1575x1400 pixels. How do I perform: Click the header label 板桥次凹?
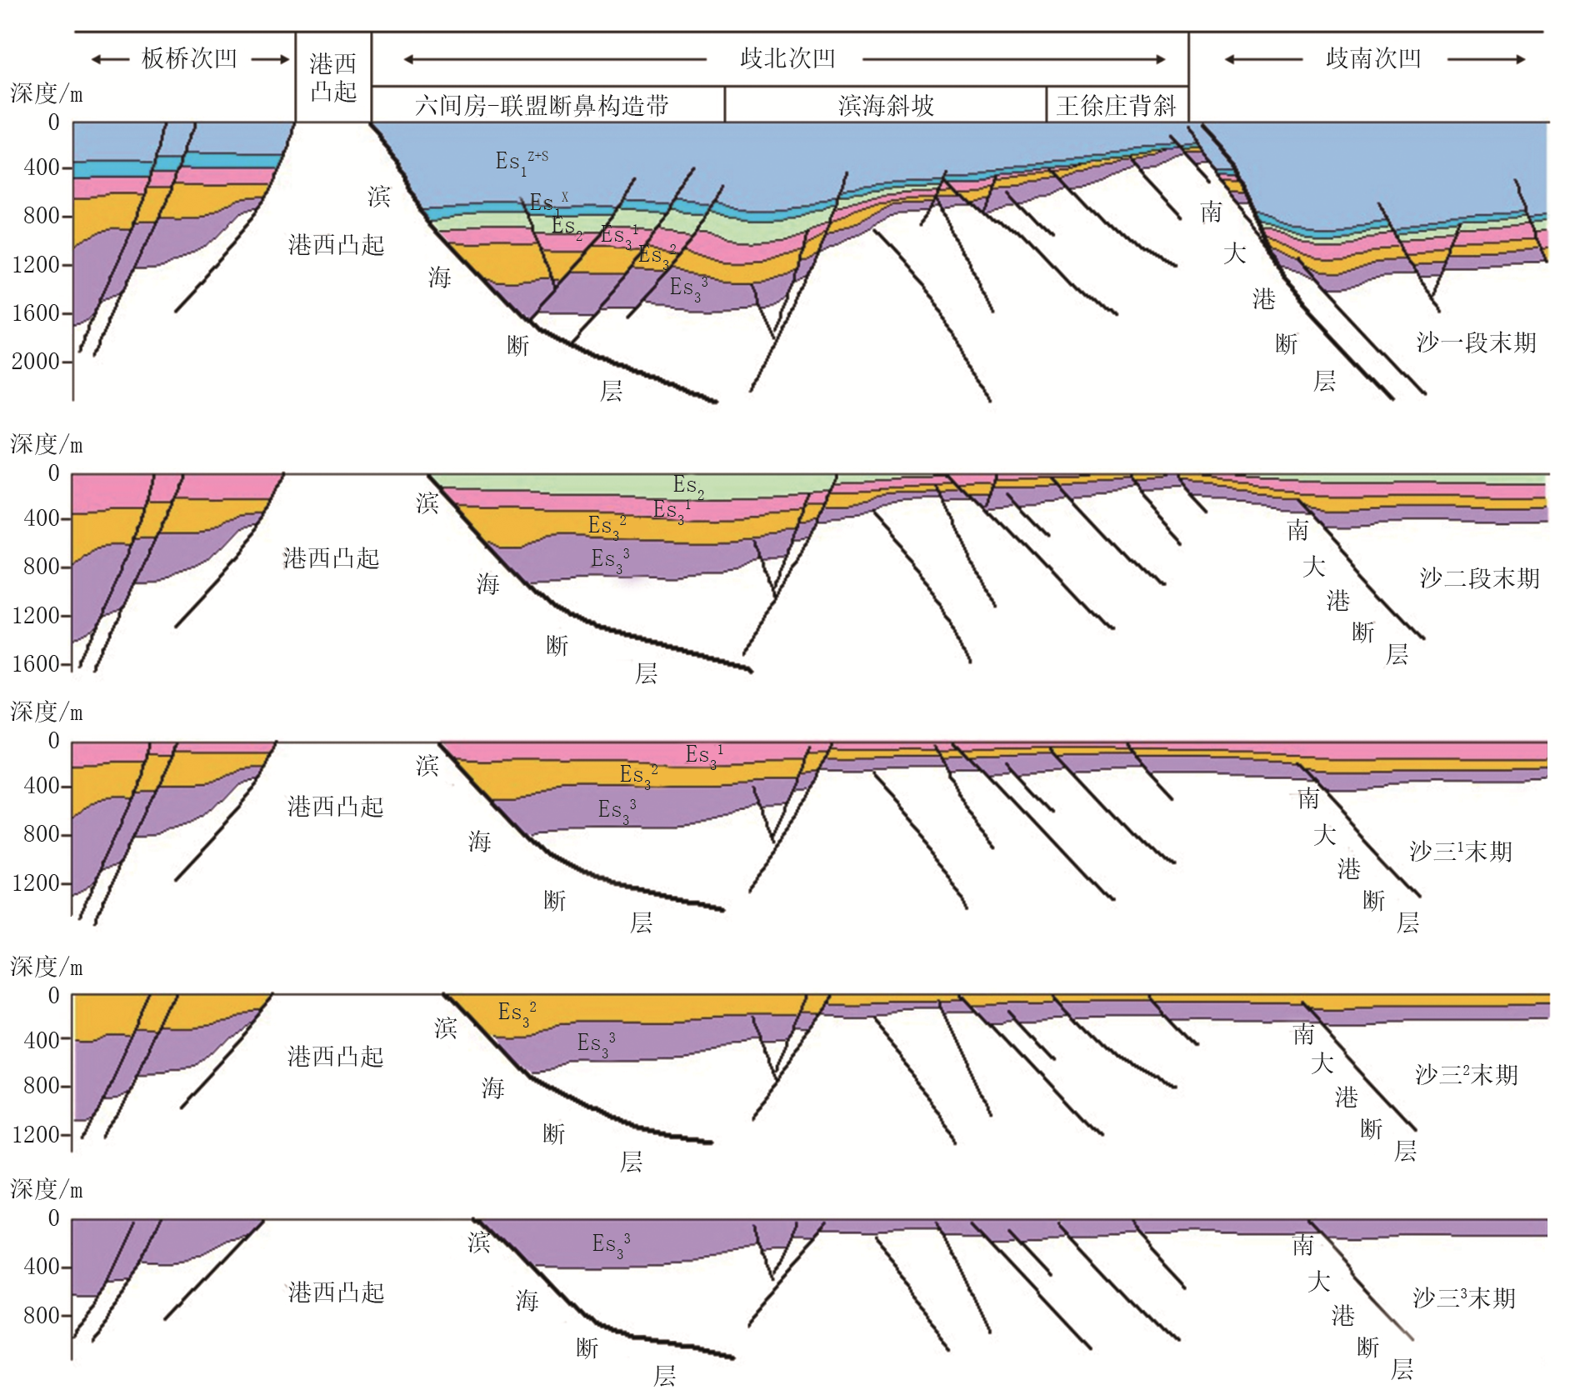pyautogui.click(x=189, y=58)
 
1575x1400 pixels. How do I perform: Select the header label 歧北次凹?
pyautogui.click(x=787, y=58)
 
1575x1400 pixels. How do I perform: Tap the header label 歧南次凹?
pyautogui.click(x=1373, y=58)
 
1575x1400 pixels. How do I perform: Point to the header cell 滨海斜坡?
pyautogui.click(x=886, y=106)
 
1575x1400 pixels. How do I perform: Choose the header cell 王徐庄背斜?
pyautogui.click(x=1117, y=106)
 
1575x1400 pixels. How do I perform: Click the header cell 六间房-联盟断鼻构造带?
pyautogui.click(x=542, y=106)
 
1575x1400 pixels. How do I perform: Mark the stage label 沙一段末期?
pyautogui.click(x=1476, y=342)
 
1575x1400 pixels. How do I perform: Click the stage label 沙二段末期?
pyautogui.click(x=1479, y=578)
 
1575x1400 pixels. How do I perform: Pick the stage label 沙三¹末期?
pyautogui.click(x=1461, y=851)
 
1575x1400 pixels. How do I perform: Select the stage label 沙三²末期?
pyautogui.click(x=1466, y=1074)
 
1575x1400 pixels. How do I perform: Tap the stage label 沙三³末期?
pyautogui.click(x=1464, y=1297)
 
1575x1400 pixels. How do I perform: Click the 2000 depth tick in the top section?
pyautogui.click(x=36, y=362)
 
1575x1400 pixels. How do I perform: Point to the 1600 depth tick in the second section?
pyautogui.click(x=36, y=664)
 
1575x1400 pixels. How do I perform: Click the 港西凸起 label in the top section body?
pyautogui.click(x=336, y=245)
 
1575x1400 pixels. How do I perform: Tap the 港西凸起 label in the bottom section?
pyautogui.click(x=336, y=1292)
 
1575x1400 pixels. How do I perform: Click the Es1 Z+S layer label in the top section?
pyautogui.click(x=522, y=162)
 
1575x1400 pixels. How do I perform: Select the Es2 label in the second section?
pyautogui.click(x=688, y=486)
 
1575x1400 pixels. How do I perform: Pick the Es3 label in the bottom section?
pyautogui.click(x=611, y=1245)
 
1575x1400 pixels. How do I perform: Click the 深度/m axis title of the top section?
pyautogui.click(x=47, y=93)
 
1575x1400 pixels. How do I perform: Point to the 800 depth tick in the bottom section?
pyautogui.click(x=42, y=1316)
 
